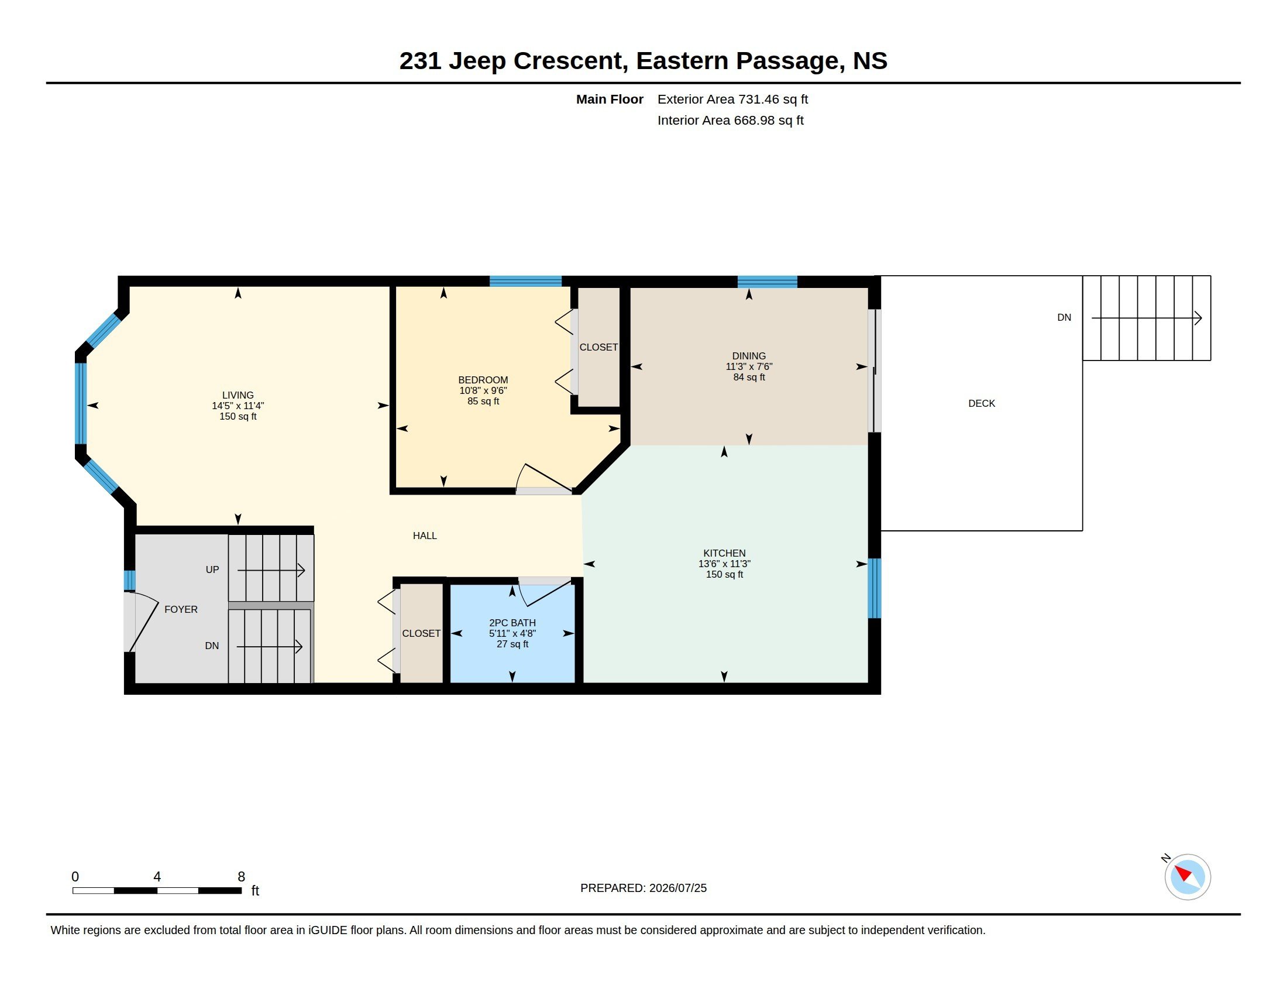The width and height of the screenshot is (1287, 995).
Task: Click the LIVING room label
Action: click(x=238, y=395)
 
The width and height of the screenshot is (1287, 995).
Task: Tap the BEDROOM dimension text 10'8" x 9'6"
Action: click(x=483, y=390)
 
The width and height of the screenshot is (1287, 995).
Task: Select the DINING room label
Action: click(x=748, y=355)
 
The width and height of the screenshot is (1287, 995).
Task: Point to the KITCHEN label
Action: click(x=724, y=553)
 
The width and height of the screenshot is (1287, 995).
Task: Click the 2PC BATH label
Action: click(x=512, y=623)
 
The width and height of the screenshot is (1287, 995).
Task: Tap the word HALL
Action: click(x=424, y=535)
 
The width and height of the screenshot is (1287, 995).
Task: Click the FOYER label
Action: click(x=181, y=609)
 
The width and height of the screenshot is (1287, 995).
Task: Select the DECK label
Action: click(x=981, y=403)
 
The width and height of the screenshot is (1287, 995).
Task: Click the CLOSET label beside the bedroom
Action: click(x=598, y=347)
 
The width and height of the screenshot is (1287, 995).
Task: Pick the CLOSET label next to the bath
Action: click(x=421, y=633)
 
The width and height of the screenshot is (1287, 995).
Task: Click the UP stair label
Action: click(x=212, y=569)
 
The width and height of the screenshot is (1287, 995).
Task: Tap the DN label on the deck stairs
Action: click(x=1064, y=317)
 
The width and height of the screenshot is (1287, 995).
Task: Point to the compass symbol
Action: click(x=1187, y=877)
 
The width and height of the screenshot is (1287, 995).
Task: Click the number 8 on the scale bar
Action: click(x=241, y=877)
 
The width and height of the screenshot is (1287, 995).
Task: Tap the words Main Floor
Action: click(x=610, y=99)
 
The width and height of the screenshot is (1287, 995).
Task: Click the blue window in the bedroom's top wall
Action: click(x=525, y=281)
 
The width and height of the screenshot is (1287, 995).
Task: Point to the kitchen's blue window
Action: click(x=875, y=588)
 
